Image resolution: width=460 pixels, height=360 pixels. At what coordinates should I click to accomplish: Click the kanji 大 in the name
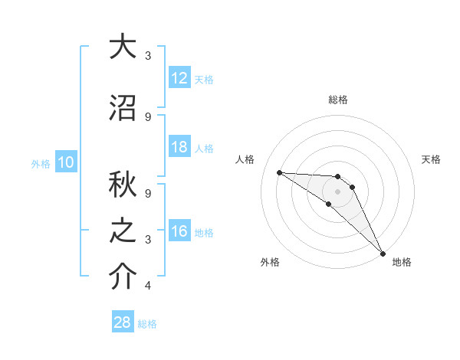[x=122, y=47]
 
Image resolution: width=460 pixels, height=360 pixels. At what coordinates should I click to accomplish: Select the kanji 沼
[x=122, y=108]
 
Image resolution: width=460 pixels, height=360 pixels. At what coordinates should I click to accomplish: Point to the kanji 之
[x=122, y=231]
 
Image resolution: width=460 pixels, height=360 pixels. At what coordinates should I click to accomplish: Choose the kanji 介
[x=122, y=277]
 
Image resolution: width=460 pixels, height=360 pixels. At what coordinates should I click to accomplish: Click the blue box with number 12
[x=179, y=78]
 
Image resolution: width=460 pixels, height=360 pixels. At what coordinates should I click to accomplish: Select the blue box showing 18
[x=179, y=147]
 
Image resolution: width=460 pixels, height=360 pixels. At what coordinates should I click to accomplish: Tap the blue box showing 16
[x=179, y=231]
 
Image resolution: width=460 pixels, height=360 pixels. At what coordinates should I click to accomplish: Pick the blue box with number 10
[x=66, y=162]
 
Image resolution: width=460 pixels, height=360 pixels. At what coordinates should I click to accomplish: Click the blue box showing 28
[x=123, y=322]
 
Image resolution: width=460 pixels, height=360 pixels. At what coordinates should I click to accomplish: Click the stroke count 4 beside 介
[x=148, y=286]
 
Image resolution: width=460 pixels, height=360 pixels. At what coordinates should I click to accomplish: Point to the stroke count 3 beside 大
[x=148, y=56]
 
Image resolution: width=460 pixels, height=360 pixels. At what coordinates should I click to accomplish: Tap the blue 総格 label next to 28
[x=148, y=324]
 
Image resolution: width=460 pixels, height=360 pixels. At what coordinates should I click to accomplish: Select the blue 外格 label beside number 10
[x=41, y=163]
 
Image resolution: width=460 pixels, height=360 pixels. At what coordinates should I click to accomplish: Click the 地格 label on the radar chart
[x=402, y=262]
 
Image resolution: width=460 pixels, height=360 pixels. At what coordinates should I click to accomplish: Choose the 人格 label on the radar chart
[x=245, y=159]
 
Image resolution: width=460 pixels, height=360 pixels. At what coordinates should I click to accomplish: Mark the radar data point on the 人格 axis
[x=279, y=172]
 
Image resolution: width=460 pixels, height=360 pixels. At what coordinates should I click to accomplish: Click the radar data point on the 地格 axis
[x=382, y=253]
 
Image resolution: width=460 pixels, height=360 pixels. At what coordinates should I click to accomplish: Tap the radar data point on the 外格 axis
[x=329, y=204]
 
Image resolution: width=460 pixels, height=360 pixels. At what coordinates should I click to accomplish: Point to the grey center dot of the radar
[x=338, y=191]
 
